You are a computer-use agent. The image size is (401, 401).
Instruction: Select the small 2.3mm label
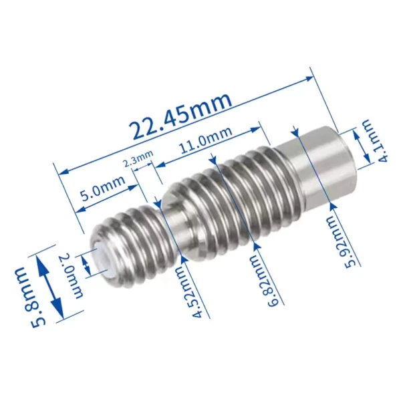tap(138, 158)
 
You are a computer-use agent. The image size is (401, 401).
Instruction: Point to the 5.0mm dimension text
tap(103, 188)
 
